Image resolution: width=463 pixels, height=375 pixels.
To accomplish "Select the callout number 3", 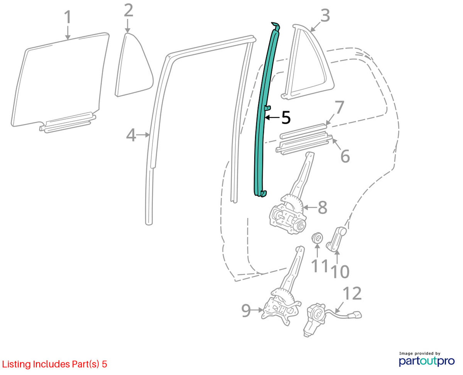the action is click(325, 15).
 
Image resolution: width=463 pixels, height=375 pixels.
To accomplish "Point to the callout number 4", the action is click(131, 135).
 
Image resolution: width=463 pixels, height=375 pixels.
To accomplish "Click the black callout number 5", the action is click(286, 118).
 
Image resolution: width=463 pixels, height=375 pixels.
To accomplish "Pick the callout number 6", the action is click(345, 156).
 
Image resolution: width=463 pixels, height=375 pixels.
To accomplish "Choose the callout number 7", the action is click(339, 107).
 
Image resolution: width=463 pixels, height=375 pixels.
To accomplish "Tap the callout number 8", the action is click(323, 207).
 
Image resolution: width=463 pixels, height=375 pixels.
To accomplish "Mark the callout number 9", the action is click(246, 310).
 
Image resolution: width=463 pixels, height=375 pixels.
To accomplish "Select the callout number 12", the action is click(353, 293).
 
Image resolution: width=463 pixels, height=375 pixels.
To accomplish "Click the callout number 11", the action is click(319, 266).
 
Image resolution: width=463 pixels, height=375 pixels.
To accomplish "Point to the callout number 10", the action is click(340, 271).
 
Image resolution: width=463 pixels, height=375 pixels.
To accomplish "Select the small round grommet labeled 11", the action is click(318, 237).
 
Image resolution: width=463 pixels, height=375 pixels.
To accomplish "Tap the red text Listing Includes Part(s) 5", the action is click(54, 364).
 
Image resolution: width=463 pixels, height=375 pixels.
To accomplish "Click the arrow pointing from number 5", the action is click(272, 118).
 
